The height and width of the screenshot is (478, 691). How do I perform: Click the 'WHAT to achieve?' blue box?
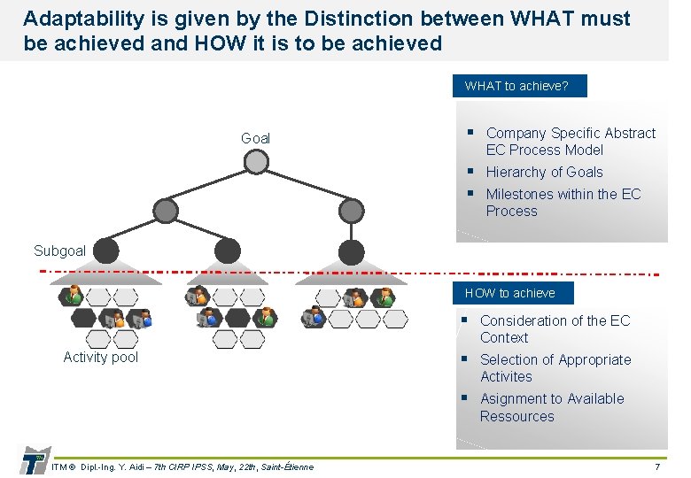click(x=516, y=86)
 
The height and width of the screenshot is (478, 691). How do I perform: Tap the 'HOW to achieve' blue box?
click(x=509, y=293)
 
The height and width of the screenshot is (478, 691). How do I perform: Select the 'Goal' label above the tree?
click(x=255, y=138)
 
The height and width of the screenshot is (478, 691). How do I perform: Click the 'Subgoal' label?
click(x=59, y=251)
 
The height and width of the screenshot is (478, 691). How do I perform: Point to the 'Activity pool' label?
click(x=101, y=358)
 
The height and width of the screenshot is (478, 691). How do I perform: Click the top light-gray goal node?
click(x=256, y=162)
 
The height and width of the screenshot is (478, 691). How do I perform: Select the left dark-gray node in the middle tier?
click(x=165, y=210)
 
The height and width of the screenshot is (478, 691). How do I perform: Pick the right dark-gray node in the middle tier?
click(x=352, y=210)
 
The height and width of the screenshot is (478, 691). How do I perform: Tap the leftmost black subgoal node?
click(x=106, y=251)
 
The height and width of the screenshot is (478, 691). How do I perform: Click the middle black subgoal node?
click(x=228, y=251)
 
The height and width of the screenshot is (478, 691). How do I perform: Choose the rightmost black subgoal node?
click(x=351, y=251)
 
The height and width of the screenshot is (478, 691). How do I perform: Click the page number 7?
click(x=656, y=466)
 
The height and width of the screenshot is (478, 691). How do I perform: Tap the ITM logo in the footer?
click(x=32, y=460)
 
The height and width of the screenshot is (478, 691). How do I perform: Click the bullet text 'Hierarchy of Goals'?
click(x=544, y=173)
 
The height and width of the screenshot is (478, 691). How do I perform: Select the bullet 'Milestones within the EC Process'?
click(x=563, y=203)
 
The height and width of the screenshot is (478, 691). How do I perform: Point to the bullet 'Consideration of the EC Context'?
click(x=555, y=329)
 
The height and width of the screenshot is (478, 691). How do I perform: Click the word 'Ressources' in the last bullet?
click(x=516, y=417)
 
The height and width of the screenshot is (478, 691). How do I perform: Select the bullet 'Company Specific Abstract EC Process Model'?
click(x=571, y=142)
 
